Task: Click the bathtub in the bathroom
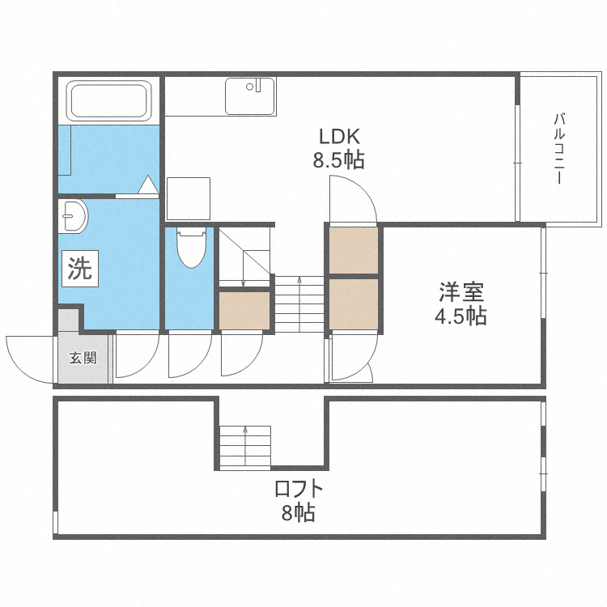tap(110, 100)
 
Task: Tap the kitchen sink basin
tap(249, 96)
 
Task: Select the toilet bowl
tap(190, 248)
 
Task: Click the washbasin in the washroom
tap(74, 216)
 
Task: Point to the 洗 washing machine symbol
tap(79, 269)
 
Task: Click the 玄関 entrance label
tap(82, 358)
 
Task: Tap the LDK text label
tap(338, 135)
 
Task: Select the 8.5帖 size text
tap(338, 159)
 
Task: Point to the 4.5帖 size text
tap(461, 316)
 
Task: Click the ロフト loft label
tap(299, 489)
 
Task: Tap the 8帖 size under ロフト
tap(299, 513)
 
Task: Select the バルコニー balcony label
tap(558, 150)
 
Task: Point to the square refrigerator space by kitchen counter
tap(189, 198)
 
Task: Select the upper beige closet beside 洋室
tap(354, 251)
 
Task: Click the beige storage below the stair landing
tap(244, 311)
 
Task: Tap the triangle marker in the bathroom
tap(147, 185)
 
